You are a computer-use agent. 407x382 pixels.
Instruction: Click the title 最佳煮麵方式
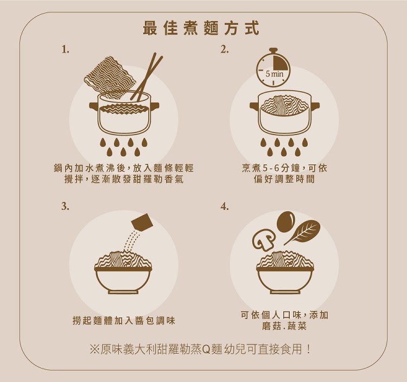(201, 28)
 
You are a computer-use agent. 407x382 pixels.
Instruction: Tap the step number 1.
(66, 49)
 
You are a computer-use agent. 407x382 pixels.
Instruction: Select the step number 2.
(225, 49)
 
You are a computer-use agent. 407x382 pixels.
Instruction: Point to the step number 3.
(66, 207)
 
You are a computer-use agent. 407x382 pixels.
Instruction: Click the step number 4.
(225, 207)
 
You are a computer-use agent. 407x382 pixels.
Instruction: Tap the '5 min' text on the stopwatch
(275, 74)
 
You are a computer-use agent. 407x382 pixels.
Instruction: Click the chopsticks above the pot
(147, 77)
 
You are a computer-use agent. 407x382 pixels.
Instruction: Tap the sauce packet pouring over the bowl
(141, 222)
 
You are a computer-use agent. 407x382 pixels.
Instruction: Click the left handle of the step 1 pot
(93, 106)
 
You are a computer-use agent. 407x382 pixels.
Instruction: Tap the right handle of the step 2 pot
(316, 106)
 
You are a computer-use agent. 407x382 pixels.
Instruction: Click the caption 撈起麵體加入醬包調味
(124, 321)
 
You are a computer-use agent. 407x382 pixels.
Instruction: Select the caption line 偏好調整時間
(284, 179)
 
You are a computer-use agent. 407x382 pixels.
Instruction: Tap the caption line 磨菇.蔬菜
(284, 326)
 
